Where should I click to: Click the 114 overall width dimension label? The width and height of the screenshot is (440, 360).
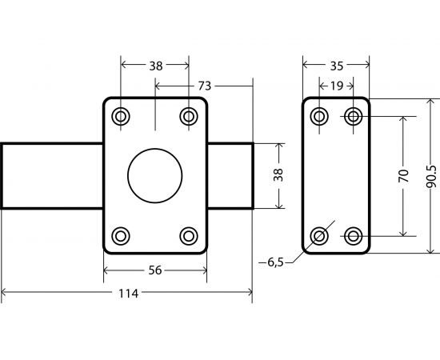click(129, 294)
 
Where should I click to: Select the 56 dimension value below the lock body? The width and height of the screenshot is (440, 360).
click(155, 270)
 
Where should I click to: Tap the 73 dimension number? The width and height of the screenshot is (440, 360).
click(204, 86)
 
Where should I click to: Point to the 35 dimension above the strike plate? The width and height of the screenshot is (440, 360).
click(337, 66)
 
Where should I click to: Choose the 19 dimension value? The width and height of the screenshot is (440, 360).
click(337, 86)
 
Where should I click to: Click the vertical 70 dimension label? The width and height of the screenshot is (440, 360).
click(403, 176)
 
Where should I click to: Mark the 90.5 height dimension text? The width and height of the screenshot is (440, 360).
click(431, 177)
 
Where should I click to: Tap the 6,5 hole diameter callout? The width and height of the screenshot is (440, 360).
click(275, 262)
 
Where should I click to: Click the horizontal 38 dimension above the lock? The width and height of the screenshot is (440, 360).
click(156, 66)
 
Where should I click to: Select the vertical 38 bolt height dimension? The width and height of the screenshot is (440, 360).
click(278, 175)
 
